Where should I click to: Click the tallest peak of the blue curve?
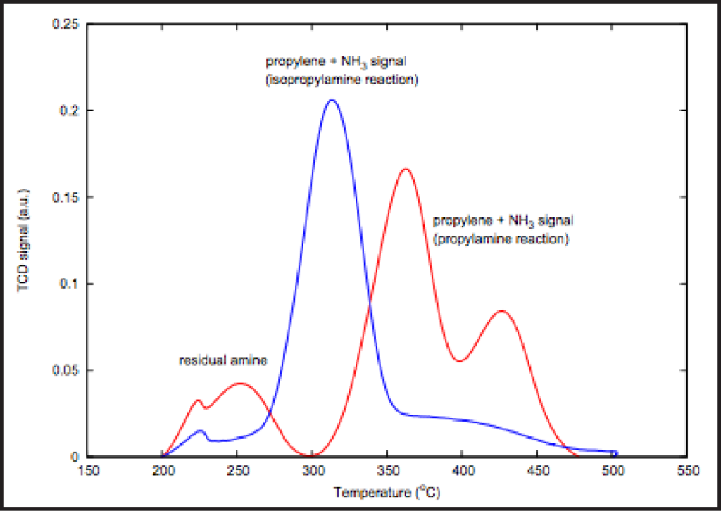pyautogui.click(x=331, y=101)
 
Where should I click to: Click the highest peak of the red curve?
pyautogui.click(x=406, y=169)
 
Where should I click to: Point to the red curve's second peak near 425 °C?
pyautogui.click(x=502, y=310)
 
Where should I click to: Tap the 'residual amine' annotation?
pyautogui.click(x=223, y=360)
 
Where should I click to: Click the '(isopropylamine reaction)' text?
pyautogui.click(x=342, y=80)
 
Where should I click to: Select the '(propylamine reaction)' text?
pyautogui.click(x=501, y=239)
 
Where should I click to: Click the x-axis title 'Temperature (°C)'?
pyautogui.click(x=387, y=492)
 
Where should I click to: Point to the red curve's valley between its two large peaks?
pyautogui.click(x=459, y=361)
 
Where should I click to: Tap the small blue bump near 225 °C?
pyautogui.click(x=200, y=431)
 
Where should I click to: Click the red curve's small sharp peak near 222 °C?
pyautogui.click(x=198, y=400)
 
